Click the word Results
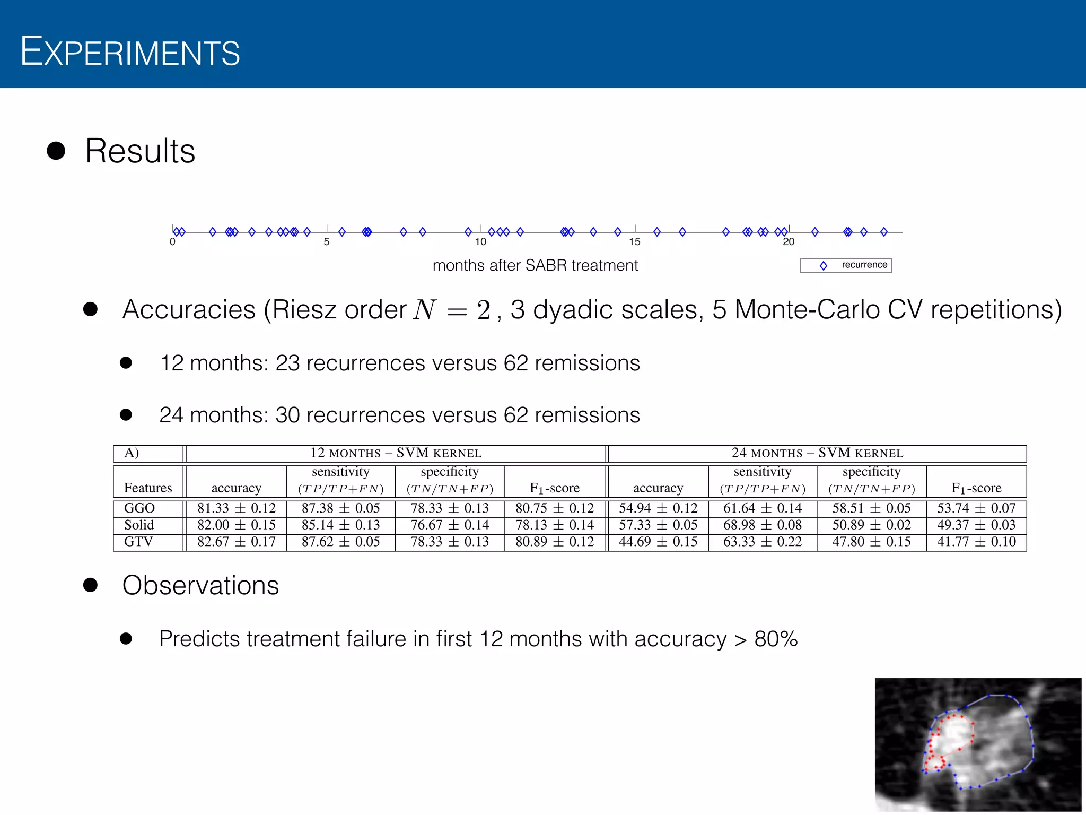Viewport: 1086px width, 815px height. point(140,151)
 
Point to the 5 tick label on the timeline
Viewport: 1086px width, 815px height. point(327,242)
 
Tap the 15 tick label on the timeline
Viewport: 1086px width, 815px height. point(635,242)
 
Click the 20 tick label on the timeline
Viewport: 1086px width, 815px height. point(789,242)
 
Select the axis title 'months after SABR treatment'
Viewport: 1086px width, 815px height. point(535,265)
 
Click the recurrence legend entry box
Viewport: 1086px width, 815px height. point(846,265)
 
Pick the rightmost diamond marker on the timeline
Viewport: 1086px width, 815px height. point(884,232)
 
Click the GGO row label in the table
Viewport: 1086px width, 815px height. point(139,508)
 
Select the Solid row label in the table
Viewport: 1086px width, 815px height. point(139,525)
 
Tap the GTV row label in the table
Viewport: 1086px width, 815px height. point(138,542)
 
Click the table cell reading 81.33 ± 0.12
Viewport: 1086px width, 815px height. point(237,508)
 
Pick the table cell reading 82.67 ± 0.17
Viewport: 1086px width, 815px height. point(237,542)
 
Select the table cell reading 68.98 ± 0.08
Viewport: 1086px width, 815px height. point(763,525)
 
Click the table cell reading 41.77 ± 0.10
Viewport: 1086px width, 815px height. point(976,542)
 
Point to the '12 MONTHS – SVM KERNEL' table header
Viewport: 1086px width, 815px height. point(396,453)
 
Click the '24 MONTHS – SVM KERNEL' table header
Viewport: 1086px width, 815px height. point(817,453)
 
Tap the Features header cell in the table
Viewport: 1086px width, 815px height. point(148,488)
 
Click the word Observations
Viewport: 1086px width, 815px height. point(200,585)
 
